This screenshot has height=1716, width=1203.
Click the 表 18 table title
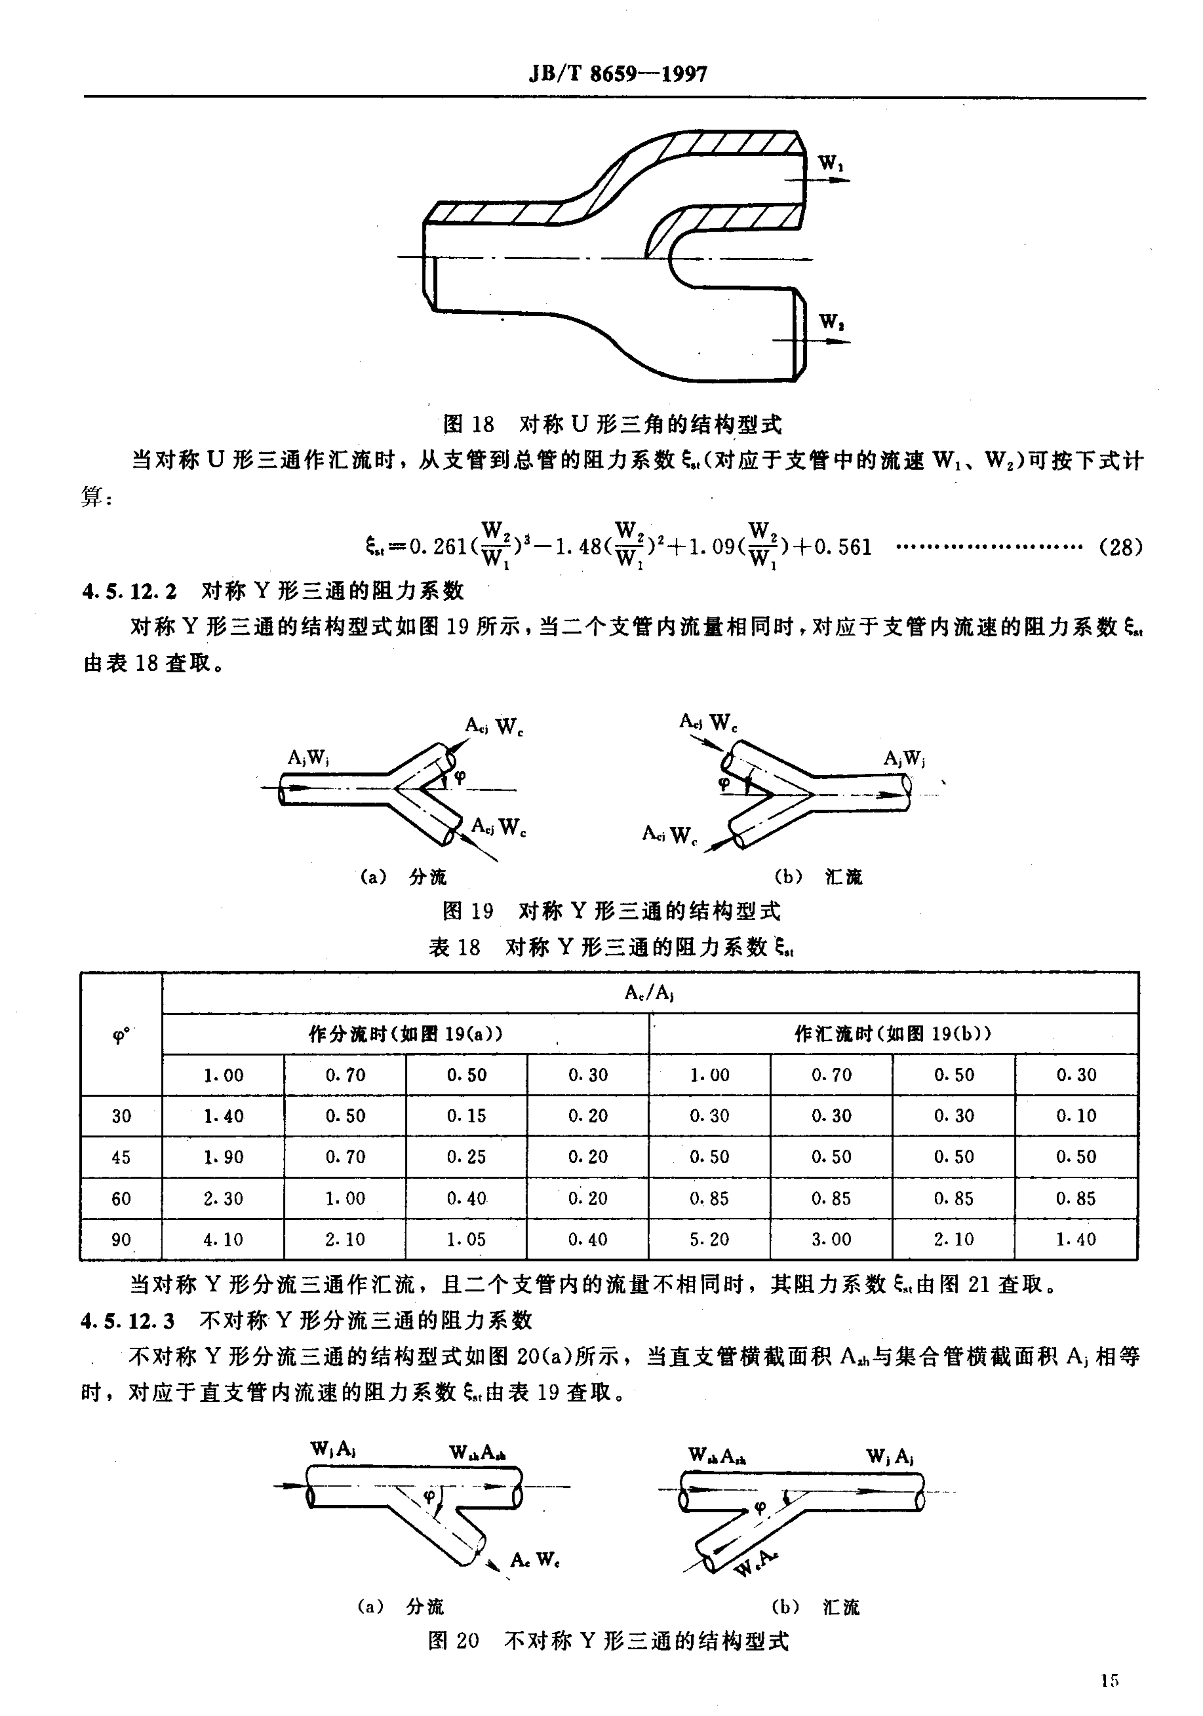coord(611,948)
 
